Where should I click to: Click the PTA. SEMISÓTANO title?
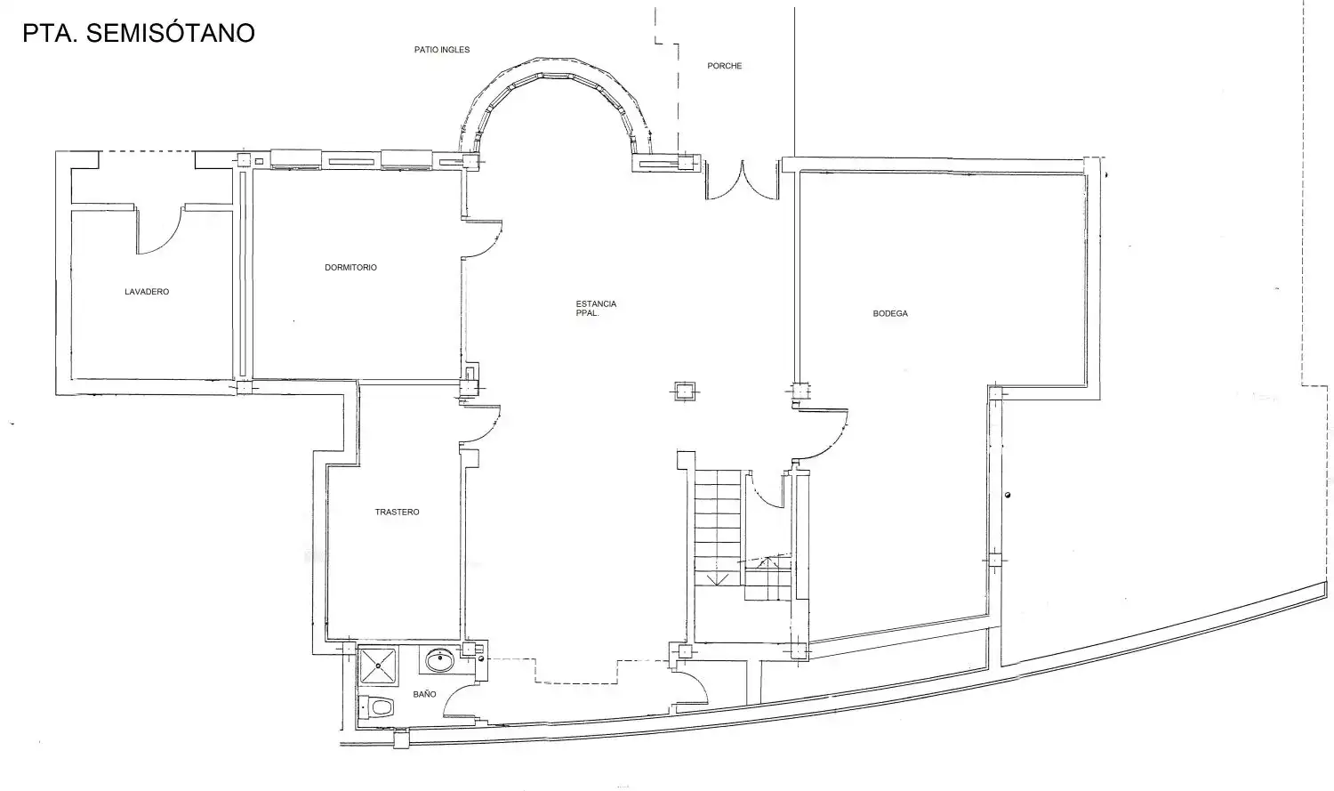pyautogui.click(x=139, y=33)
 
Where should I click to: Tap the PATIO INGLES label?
pyautogui.click(x=442, y=50)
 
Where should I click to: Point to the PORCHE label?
pyautogui.click(x=724, y=66)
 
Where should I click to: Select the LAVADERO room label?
pyautogui.click(x=147, y=292)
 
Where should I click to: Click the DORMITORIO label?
pyautogui.click(x=350, y=268)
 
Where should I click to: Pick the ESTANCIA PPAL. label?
pyautogui.click(x=596, y=309)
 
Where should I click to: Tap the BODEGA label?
pyautogui.click(x=890, y=313)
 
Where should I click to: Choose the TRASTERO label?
pyautogui.click(x=398, y=512)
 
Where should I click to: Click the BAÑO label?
pyautogui.click(x=424, y=694)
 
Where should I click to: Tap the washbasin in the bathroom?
pyautogui.click(x=439, y=660)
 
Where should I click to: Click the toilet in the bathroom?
pyautogui.click(x=376, y=707)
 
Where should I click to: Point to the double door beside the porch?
pyautogui.click(x=742, y=180)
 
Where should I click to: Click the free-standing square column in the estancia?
pyautogui.click(x=685, y=391)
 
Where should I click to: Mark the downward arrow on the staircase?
pyautogui.click(x=718, y=578)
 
